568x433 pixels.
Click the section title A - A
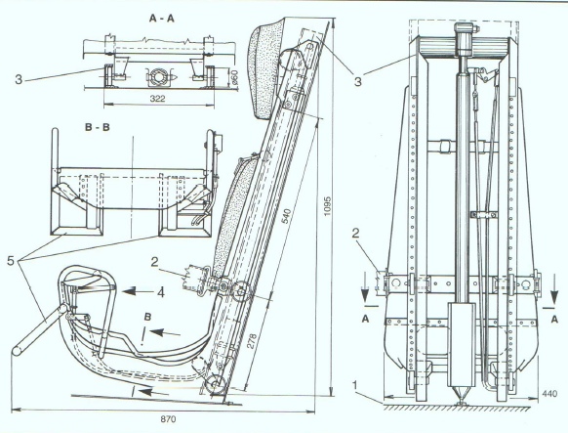tap(162, 19)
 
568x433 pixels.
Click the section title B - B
tap(97, 127)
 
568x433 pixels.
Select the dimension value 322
tap(157, 99)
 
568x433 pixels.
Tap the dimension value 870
tap(168, 419)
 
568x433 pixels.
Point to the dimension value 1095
tap(327, 206)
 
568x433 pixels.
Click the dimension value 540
tap(287, 216)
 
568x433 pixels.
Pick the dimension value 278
tap(252, 341)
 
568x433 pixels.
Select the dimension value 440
tap(549, 394)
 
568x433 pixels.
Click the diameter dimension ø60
tap(234, 76)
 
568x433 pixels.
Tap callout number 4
tap(161, 292)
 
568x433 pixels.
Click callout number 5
tap(11, 260)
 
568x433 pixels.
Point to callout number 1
tap(355, 384)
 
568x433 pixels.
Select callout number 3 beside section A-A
tap(19, 79)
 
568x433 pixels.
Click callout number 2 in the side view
tap(155, 262)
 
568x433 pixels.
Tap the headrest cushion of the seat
tap(266, 67)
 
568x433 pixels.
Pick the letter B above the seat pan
tap(147, 317)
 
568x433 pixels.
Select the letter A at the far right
tap(554, 319)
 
